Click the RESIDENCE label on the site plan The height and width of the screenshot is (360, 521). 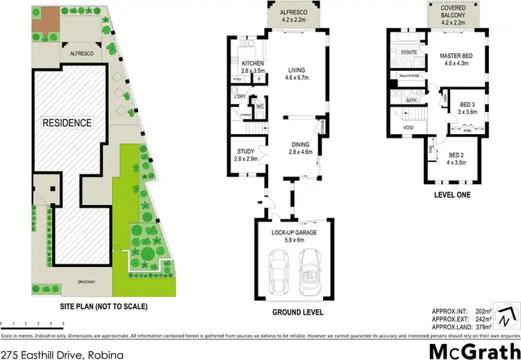pyautogui.click(x=67, y=123)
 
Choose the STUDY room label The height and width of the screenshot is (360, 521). pyautogui.click(x=247, y=152)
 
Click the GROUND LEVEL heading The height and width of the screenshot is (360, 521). pyautogui.click(x=297, y=312)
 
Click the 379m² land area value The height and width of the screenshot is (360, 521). pyautogui.click(x=482, y=326)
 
